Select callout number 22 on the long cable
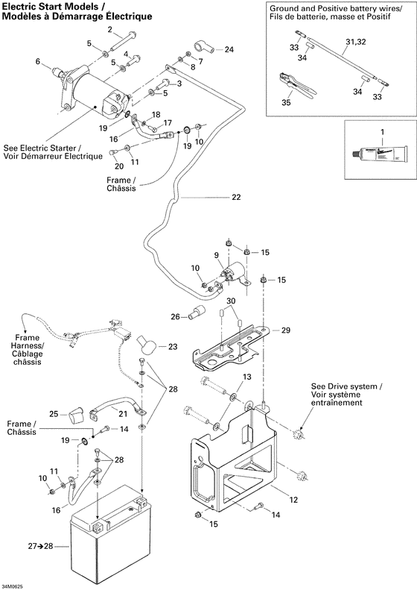236,198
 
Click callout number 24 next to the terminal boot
229,49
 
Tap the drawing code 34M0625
15,583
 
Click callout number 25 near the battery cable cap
54,414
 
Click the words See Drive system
346,386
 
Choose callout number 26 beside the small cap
175,316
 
